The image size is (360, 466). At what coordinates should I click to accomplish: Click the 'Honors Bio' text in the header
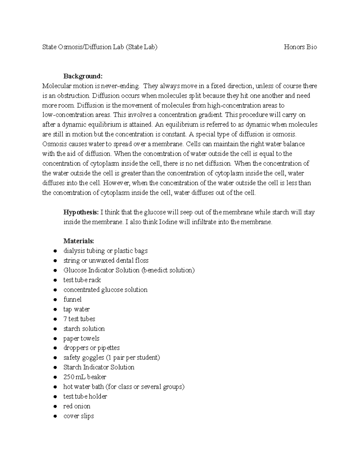point(300,47)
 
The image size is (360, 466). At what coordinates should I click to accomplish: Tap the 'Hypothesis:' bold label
point(81,212)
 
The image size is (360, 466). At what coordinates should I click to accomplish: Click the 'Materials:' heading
point(79,241)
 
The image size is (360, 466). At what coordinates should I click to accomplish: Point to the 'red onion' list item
point(77,406)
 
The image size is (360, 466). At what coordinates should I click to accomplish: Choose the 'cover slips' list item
point(79,416)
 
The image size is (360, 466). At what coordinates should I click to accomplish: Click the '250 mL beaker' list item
point(85,377)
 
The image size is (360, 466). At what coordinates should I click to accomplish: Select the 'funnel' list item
point(72,299)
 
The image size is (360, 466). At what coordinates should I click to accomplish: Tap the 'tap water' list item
point(76,309)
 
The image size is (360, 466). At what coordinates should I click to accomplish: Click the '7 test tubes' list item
point(79,319)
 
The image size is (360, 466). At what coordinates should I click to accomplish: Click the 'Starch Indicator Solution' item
point(99,367)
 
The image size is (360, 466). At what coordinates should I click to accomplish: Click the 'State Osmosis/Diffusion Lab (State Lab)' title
point(100,47)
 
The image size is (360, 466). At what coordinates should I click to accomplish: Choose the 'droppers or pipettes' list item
point(91,348)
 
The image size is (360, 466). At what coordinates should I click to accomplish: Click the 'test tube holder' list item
point(85,397)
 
